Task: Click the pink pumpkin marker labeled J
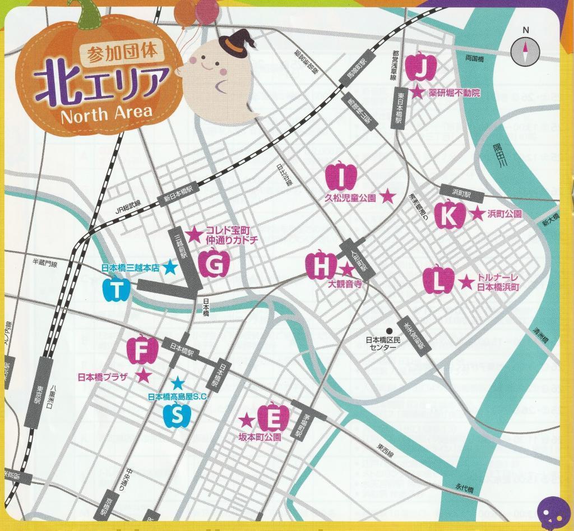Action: (420, 67)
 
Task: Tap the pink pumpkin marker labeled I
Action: (341, 176)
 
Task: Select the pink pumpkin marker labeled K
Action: (450, 215)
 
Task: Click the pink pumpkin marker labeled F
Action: (142, 350)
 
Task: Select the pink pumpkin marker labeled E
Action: (273, 417)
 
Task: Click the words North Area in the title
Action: (106, 114)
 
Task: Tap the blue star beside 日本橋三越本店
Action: (171, 269)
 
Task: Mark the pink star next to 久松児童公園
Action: (387, 197)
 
